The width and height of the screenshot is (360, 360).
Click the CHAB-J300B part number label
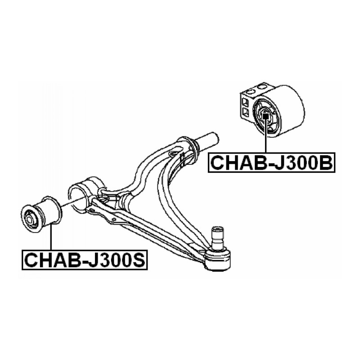272,162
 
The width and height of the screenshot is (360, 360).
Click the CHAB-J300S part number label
85,260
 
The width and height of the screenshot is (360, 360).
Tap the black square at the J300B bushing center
265,116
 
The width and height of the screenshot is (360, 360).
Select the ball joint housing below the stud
218,260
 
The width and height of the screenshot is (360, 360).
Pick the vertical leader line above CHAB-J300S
51,237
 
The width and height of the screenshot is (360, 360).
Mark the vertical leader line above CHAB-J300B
265,136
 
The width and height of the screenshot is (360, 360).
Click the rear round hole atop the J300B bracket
261,87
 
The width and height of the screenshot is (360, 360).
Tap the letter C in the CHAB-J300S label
31,260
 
